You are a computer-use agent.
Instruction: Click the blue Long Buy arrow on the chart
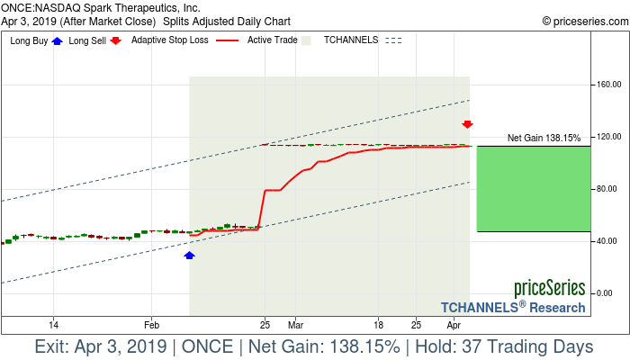tap(189, 256)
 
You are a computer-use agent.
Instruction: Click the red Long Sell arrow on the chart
tap(468, 125)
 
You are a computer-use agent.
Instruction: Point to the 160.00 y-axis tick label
tap(607, 85)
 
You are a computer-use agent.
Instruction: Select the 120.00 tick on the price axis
tap(607, 137)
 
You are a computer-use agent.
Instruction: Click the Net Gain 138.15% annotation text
tap(544, 138)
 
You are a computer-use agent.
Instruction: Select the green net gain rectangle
tap(533, 188)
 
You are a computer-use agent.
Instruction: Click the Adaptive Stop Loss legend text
tap(175, 40)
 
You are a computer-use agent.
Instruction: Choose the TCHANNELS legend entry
tap(351, 40)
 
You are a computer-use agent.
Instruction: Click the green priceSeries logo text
tap(550, 289)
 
